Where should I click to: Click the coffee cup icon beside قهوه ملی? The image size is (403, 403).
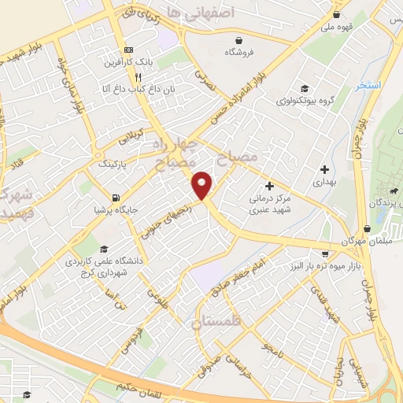click(x=337, y=14)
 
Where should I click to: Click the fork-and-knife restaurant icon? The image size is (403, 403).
click(x=139, y=77)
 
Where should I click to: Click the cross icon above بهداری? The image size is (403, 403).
click(x=324, y=168)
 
